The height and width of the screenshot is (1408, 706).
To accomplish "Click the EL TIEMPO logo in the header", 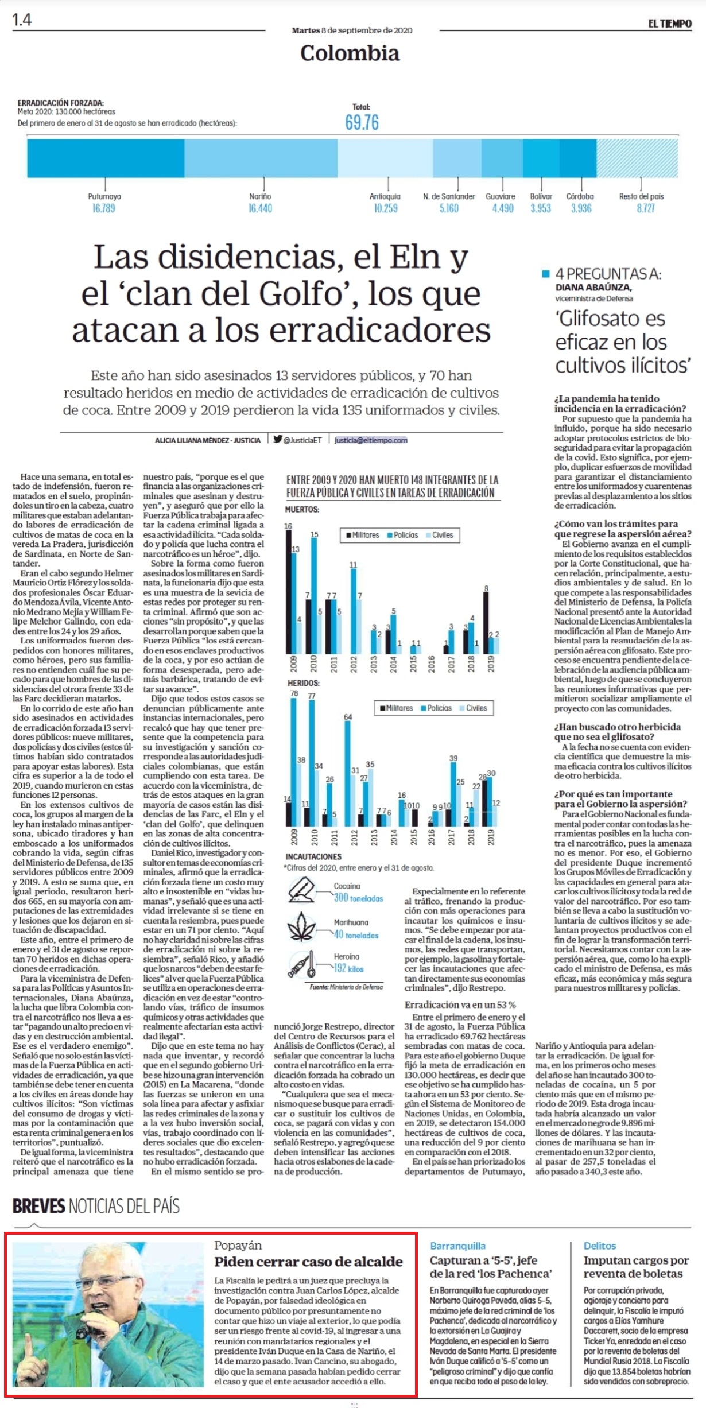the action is pyautogui.click(x=670, y=24).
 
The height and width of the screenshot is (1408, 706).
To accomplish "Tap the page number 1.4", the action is pyautogui.click(x=22, y=20).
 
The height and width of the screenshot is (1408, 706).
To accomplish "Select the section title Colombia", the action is pyautogui.click(x=350, y=53).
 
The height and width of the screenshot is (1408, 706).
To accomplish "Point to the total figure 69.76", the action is pyautogui.click(x=362, y=122).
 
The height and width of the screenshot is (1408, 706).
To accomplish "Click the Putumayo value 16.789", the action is pyautogui.click(x=104, y=208).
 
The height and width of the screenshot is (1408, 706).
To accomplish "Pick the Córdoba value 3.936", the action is pyautogui.click(x=581, y=208).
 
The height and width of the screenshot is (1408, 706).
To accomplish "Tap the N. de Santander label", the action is pyautogui.click(x=449, y=196).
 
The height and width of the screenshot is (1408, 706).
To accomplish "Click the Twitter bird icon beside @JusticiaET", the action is pyautogui.click(x=278, y=439).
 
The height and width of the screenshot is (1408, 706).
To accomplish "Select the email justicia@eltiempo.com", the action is pyautogui.click(x=371, y=440).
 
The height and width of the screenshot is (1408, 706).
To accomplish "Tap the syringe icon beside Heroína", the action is pyautogui.click(x=301, y=964).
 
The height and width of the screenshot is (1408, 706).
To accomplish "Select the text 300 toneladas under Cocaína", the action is pyautogui.click(x=358, y=898).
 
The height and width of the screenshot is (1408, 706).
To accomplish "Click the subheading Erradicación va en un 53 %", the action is pyautogui.click(x=460, y=1004).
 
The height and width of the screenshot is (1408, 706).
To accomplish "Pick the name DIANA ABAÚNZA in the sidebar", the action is pyautogui.click(x=593, y=288).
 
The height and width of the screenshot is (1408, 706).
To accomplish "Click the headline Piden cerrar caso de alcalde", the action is pyautogui.click(x=309, y=1262).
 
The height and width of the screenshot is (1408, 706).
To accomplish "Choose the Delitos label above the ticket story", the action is pyautogui.click(x=600, y=1246).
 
